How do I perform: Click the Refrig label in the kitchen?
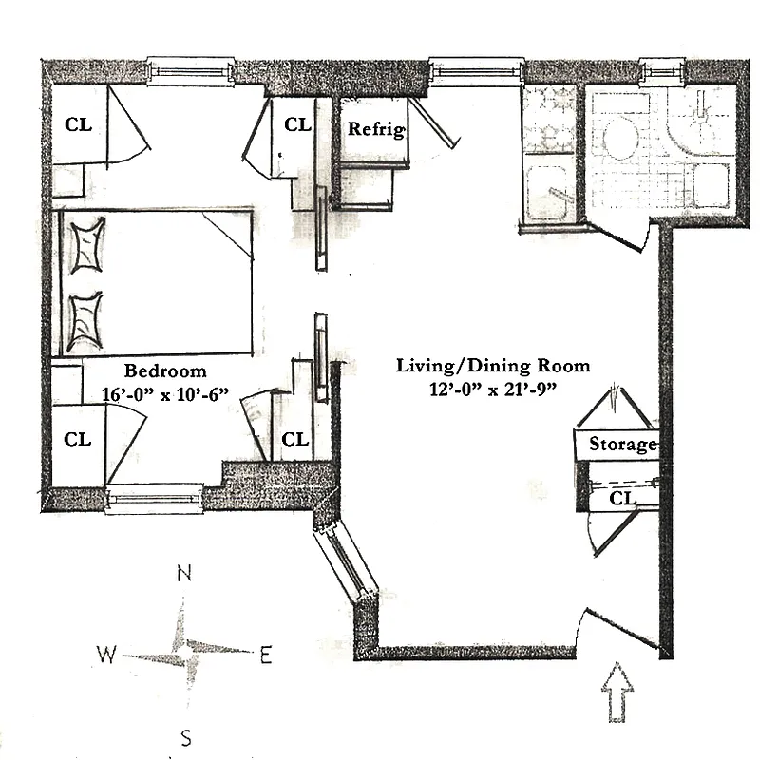point(376,129)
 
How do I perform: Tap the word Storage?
point(622,444)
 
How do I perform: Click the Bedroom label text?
point(164,370)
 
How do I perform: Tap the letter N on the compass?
point(185,573)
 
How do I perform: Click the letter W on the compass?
point(106,654)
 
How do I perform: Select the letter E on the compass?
point(266,654)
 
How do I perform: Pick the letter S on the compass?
point(187,736)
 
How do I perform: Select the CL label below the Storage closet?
point(622,497)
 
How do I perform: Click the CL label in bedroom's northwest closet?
point(78,124)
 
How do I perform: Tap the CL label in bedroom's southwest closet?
point(78,439)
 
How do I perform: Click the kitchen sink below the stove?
point(548,193)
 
